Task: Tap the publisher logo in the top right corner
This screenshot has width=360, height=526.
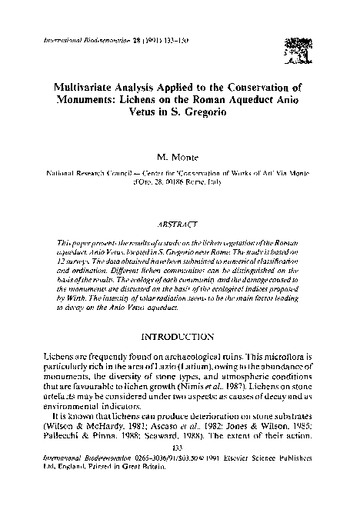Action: click(295, 44)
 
